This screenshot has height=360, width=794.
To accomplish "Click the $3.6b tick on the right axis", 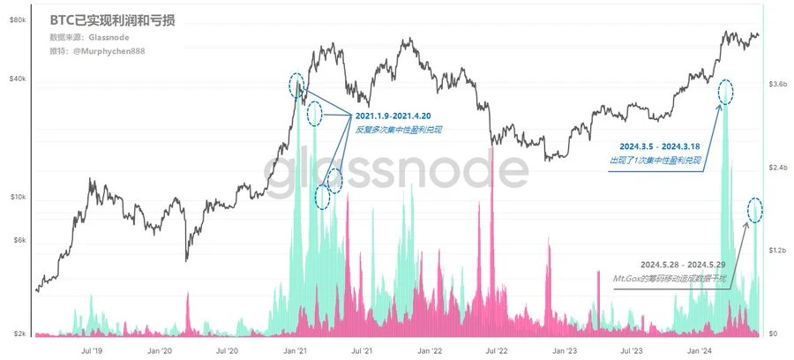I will [x=774, y=84].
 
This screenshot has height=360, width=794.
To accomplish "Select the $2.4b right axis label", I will [x=774, y=168].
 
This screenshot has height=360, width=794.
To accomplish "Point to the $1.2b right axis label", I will [x=774, y=251].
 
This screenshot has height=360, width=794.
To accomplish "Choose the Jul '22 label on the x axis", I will [x=498, y=350].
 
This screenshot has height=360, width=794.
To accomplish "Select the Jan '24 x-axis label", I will [x=701, y=350].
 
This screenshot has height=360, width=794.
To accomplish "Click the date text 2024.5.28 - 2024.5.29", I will [x=684, y=264].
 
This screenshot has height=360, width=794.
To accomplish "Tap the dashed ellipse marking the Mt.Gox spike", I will [x=755, y=210].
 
